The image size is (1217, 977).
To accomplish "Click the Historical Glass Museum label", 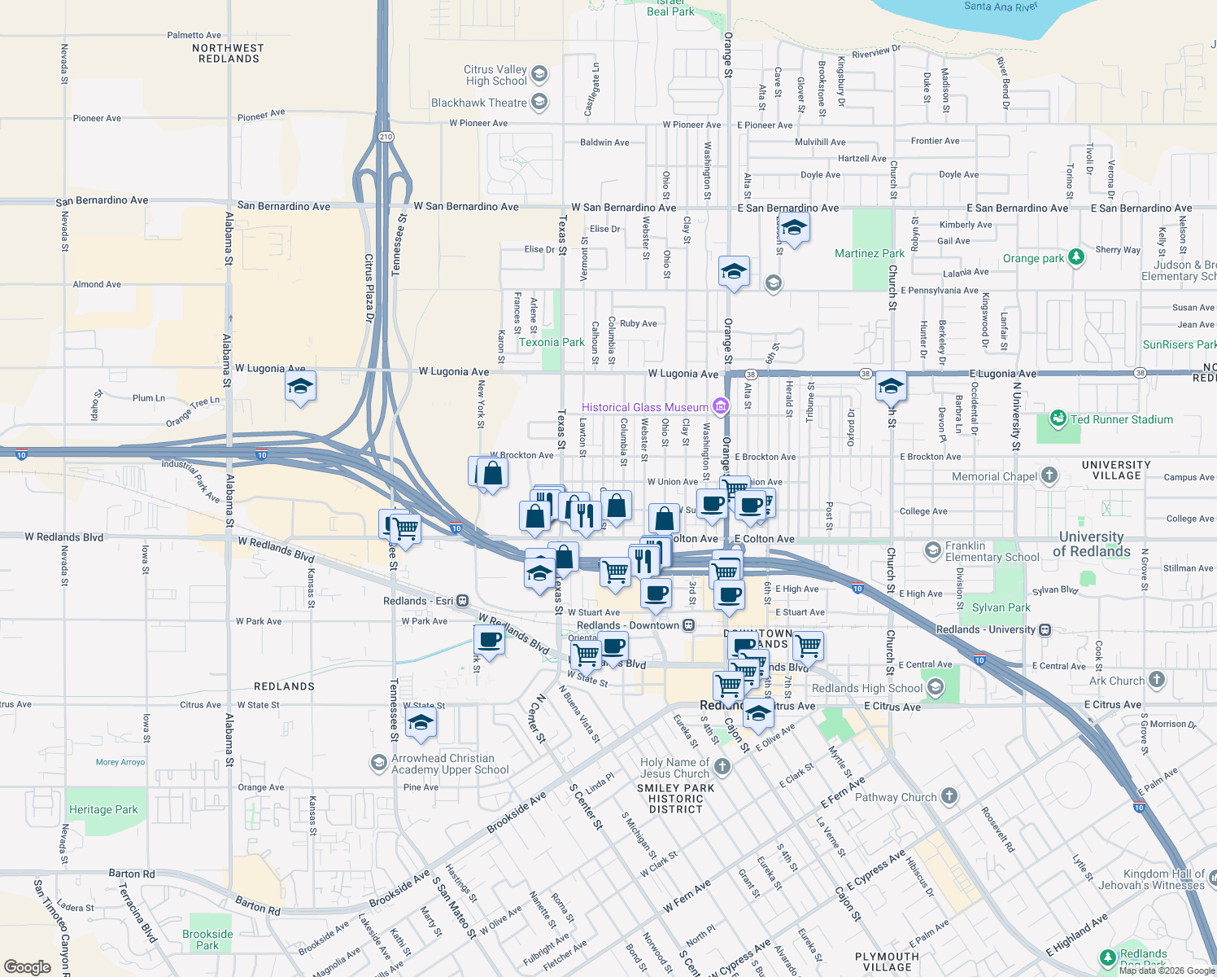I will [644, 407].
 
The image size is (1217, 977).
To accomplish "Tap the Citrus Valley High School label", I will [495, 75].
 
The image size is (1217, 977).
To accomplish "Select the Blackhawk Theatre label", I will [478, 103].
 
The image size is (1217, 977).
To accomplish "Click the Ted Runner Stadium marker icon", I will [1058, 419].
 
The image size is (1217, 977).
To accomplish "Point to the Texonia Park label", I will [552, 342].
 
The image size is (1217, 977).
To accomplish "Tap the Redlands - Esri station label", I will [418, 601].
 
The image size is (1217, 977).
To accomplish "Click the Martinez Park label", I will [869, 253].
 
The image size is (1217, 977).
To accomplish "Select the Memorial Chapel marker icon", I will [1049, 475].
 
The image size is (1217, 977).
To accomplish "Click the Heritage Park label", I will [103, 809].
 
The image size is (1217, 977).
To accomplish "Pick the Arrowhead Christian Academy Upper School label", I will [450, 764].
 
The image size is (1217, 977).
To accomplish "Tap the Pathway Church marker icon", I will [949, 796].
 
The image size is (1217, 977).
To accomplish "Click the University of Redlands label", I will [1091, 544].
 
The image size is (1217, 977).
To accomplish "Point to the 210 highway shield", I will [386, 137].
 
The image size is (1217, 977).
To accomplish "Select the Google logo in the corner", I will [27, 966].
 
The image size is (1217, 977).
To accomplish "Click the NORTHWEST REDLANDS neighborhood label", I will [229, 54].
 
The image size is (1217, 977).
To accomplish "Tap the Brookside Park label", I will [207, 940].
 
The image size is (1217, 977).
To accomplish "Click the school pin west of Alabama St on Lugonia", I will [300, 387].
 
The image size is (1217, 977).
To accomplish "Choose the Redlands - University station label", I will [985, 629].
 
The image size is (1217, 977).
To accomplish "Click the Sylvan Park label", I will [1001, 607].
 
